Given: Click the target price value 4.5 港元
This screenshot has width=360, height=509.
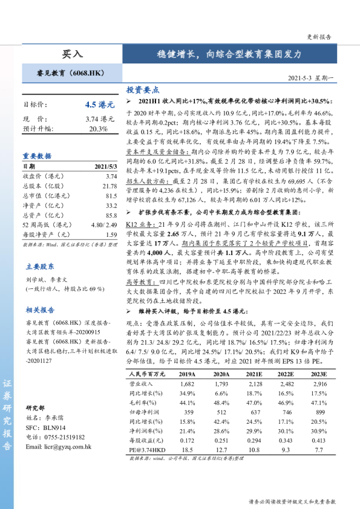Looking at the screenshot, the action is pos(100,104).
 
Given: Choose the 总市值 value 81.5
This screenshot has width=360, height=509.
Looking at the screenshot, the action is pos(111,196).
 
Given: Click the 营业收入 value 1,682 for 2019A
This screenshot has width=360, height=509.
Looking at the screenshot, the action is pos(188,383).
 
